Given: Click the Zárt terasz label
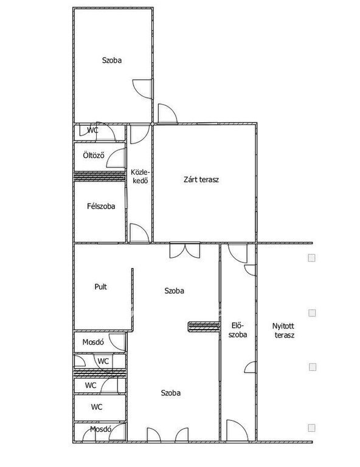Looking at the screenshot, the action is pyautogui.click(x=201, y=179).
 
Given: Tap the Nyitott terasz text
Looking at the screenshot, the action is pyautogui.click(x=283, y=331).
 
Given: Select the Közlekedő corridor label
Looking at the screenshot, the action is pyautogui.click(x=140, y=176).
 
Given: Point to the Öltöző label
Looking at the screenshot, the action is pyautogui.click(x=94, y=155).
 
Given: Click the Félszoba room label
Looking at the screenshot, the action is pyautogui.click(x=101, y=206).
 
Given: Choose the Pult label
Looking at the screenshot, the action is pyautogui.click(x=101, y=286).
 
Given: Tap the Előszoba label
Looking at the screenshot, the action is pyautogui.click(x=238, y=330).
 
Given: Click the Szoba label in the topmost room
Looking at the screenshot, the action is pyautogui.click(x=112, y=60).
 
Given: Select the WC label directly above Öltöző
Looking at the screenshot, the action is pyautogui.click(x=92, y=130).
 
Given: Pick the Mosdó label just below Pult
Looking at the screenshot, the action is pyautogui.click(x=93, y=342).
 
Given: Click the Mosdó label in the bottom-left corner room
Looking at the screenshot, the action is pyautogui.click(x=101, y=429).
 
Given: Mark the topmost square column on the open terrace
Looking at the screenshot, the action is pyautogui.click(x=311, y=258).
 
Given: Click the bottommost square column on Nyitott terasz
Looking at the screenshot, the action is pyautogui.click(x=311, y=428).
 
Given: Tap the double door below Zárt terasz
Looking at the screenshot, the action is pyautogui.click(x=185, y=251).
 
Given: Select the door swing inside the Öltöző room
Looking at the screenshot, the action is pyautogui.click(x=116, y=158).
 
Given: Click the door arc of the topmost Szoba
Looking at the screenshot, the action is pyautogui.click(x=142, y=89).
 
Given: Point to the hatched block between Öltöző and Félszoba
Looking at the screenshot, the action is pyautogui.click(x=100, y=176).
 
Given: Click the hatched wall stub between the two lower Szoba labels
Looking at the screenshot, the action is pyautogui.click(x=204, y=327).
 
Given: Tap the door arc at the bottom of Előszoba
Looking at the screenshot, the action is pyautogui.click(x=237, y=430).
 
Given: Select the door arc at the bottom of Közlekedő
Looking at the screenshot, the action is pyautogui.click(x=139, y=233).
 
